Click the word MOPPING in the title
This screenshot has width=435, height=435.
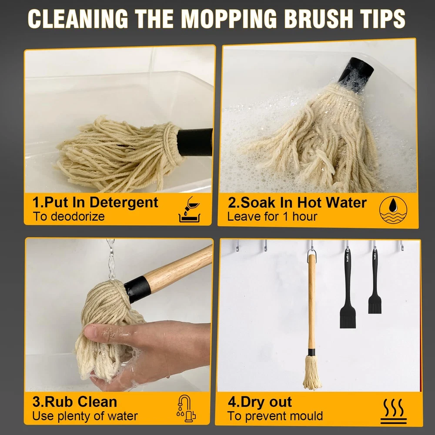(229, 19)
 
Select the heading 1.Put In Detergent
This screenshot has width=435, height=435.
(95, 202)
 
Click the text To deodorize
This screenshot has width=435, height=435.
(69, 216)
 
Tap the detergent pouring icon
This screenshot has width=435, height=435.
(189, 210)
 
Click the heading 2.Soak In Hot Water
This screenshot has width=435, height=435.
(297, 203)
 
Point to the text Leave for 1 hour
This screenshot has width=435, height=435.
(272, 217)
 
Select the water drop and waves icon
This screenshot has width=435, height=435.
(393, 210)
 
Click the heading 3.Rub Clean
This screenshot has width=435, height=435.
(75, 402)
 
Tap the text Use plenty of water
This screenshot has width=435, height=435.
(85, 416)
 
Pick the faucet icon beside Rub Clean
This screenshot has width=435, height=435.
(186, 408)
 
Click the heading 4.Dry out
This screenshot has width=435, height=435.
(260, 402)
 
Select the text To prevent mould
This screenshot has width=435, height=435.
(275, 416)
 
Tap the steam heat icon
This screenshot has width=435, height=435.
(393, 412)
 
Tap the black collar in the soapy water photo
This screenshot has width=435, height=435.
(356, 75)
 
